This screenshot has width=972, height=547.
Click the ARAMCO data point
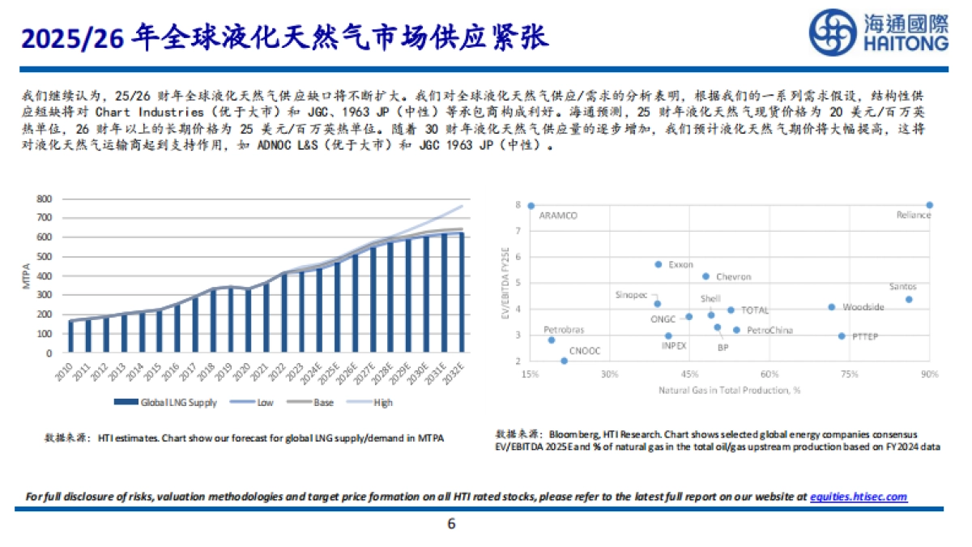pyautogui.click(x=531, y=206)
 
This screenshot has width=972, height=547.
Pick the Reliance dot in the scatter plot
pyautogui.click(x=929, y=205)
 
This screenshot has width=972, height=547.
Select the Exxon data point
pyautogui.click(x=659, y=264)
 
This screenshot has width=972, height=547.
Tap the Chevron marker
pyautogui.click(x=706, y=276)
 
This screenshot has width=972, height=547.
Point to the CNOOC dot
pyautogui.click(x=565, y=361)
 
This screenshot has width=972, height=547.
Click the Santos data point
pyautogui.click(x=909, y=299)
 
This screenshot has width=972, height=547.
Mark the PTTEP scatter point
pyautogui.click(x=842, y=335)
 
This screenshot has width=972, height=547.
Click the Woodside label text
pyautogui.click(x=863, y=307)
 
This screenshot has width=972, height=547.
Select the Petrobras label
pyautogui.click(x=564, y=330)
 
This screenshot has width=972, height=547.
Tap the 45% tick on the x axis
pyautogui.click(x=689, y=374)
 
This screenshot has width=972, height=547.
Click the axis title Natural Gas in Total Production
pyautogui.click(x=729, y=390)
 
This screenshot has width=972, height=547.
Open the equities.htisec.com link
pyautogui.click(x=859, y=497)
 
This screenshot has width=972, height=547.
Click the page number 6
pyautogui.click(x=451, y=523)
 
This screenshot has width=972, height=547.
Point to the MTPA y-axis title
pyautogui.click(x=27, y=276)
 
